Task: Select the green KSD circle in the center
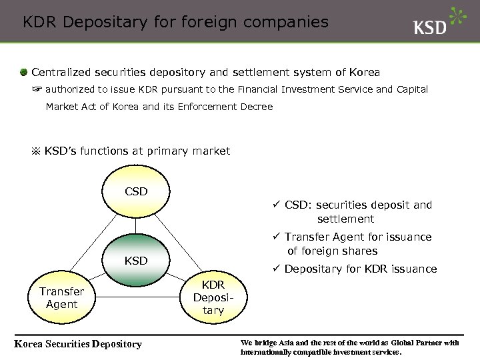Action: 136,260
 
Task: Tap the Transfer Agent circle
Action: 61,298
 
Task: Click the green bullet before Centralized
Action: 23,71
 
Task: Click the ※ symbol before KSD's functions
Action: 36,151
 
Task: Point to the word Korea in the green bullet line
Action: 363,71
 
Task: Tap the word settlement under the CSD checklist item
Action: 345,219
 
